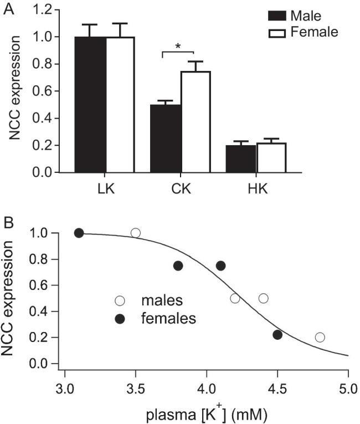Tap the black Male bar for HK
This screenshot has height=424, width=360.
pyautogui.click(x=241, y=159)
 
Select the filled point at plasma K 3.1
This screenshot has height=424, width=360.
pyautogui.click(x=79, y=233)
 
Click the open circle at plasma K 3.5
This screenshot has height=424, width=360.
pyautogui.click(x=136, y=233)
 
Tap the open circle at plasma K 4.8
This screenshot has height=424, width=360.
pyautogui.click(x=320, y=337)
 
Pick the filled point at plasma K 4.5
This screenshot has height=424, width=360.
pyautogui.click(x=277, y=334)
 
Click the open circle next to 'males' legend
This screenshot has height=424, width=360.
pyautogui.click(x=120, y=301)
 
